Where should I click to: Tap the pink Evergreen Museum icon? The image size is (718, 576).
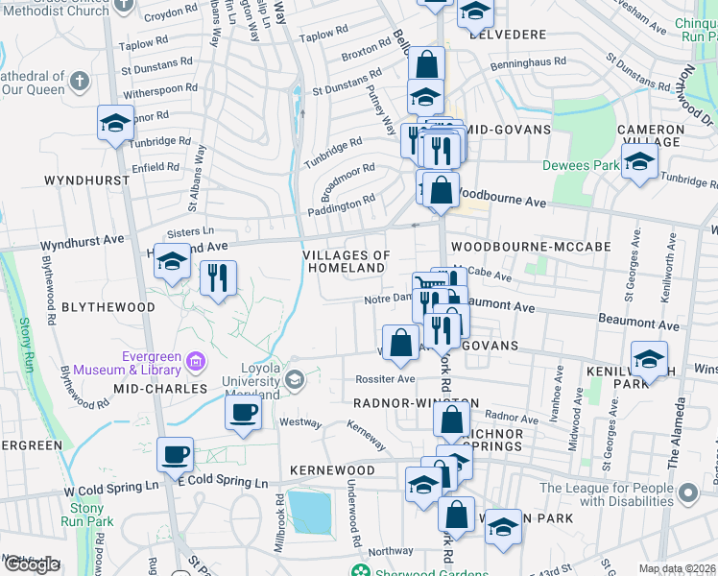click(x=195, y=362)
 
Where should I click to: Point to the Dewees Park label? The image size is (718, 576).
click(x=580, y=165)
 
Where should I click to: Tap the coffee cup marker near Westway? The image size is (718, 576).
click(x=243, y=414)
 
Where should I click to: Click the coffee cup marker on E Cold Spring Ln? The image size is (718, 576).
click(x=175, y=455)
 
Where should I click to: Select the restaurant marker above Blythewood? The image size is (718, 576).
click(x=218, y=278)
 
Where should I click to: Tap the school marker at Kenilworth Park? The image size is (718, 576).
click(x=650, y=359)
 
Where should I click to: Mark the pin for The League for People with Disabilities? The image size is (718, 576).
click(x=686, y=494)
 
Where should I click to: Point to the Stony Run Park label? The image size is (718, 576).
click(x=86, y=515)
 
